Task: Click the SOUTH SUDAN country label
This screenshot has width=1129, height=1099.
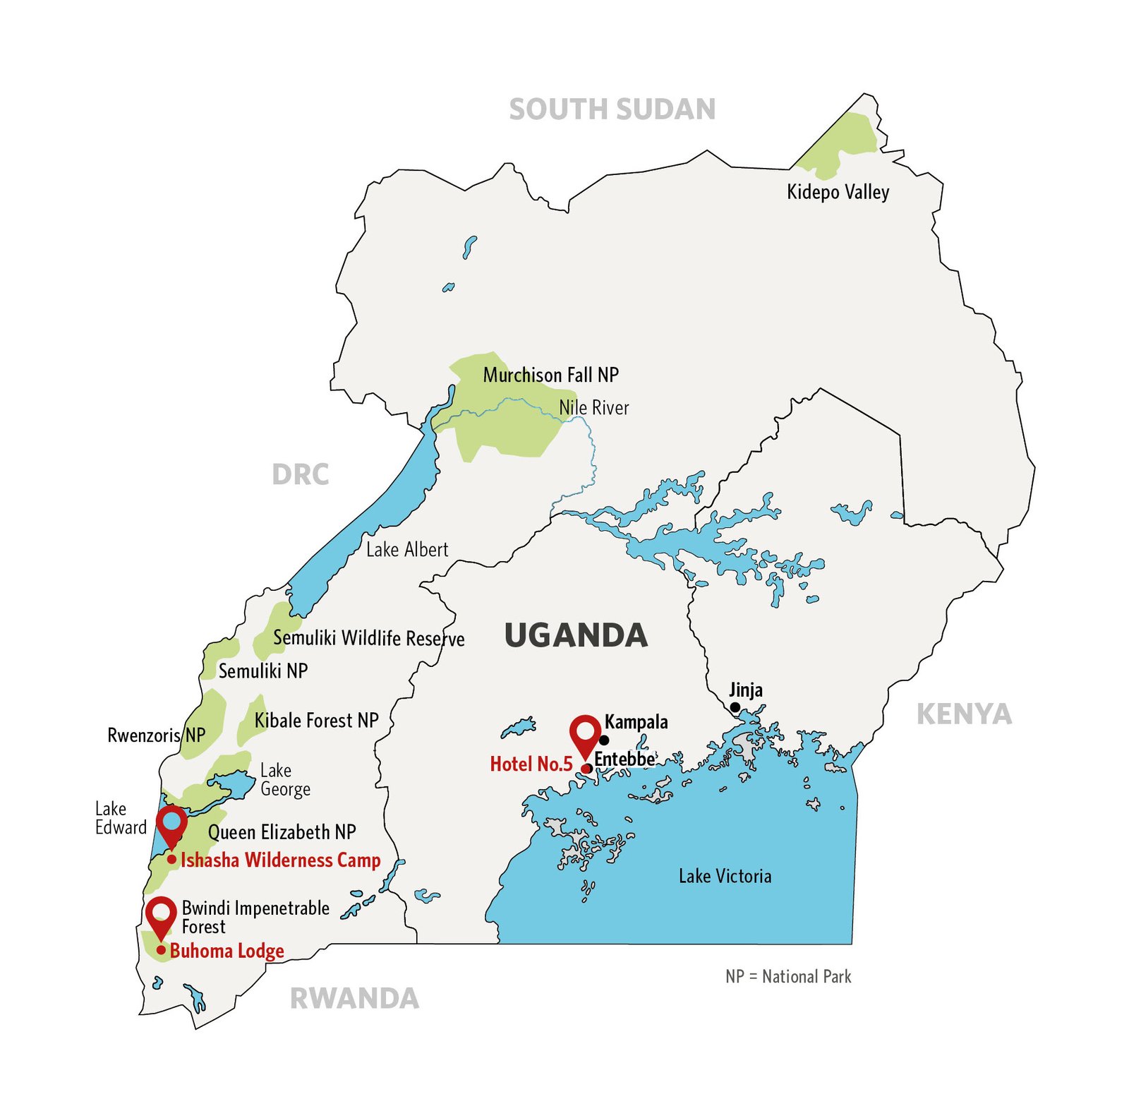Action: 612,109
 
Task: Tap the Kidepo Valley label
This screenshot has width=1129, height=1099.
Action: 838,192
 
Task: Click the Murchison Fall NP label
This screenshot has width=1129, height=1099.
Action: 550,375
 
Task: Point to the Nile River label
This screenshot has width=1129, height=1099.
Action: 593,407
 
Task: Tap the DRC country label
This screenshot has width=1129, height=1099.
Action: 301,474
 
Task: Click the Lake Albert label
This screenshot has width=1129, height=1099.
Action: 407,549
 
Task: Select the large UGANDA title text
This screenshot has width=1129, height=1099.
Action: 576,635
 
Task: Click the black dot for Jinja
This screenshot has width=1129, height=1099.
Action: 735,707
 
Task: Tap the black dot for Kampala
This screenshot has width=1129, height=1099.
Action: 604,740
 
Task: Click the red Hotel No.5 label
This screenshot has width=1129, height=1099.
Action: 531,764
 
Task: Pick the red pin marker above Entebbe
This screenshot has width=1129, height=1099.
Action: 585,734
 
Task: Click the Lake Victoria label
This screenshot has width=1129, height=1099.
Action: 725,876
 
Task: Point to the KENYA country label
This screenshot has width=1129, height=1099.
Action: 964,714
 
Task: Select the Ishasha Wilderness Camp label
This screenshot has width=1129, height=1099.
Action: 280,860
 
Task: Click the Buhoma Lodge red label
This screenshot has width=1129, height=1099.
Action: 227,951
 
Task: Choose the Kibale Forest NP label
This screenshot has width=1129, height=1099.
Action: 316,720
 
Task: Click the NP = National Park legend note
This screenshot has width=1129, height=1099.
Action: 788,976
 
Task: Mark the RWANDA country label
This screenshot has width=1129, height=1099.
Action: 354,999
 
